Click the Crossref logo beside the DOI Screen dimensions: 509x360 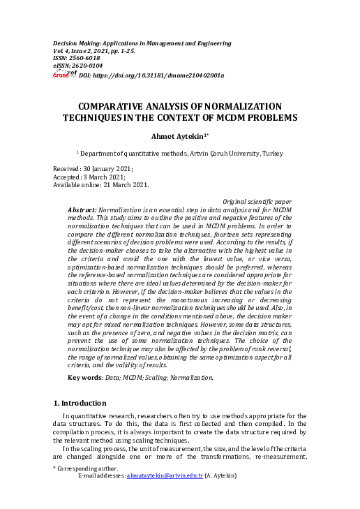point(65,74)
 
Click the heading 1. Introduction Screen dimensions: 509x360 point(82,404)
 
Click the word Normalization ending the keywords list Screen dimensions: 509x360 point(187,377)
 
